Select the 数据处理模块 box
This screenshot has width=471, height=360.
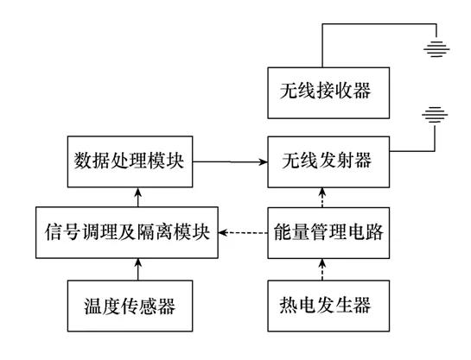129,161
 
